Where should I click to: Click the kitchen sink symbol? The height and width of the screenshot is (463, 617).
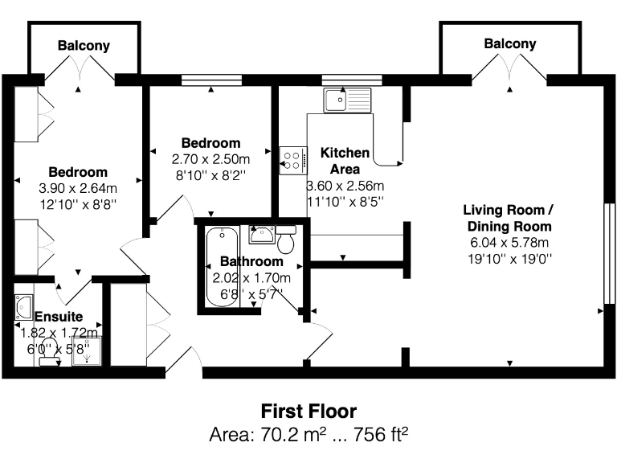(x=348, y=100)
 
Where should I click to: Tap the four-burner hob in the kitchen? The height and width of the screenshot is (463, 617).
(x=292, y=159)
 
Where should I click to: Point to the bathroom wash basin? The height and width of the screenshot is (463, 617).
(x=261, y=234)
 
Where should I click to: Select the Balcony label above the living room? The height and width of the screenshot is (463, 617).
(x=509, y=44)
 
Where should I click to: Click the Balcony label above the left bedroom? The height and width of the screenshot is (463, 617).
(x=84, y=46)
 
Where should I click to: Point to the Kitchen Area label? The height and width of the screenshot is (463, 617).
(x=345, y=161)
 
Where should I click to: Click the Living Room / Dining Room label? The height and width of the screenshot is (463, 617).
(x=508, y=218)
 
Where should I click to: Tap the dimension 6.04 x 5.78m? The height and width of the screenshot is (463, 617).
(x=508, y=243)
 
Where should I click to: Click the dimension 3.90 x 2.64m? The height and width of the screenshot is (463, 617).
(x=78, y=188)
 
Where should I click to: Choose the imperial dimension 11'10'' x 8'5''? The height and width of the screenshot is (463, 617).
(x=345, y=201)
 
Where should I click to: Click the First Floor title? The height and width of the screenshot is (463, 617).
(x=308, y=412)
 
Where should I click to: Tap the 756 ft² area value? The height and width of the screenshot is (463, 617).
(x=377, y=436)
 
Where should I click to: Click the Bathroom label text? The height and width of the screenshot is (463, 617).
(x=251, y=262)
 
